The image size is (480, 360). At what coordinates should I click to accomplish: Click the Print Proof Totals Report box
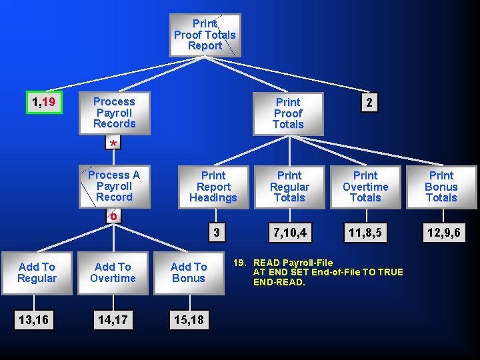(x=205, y=35)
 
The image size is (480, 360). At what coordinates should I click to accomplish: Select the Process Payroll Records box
(x=114, y=113)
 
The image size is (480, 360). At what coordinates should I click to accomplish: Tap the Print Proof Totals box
(x=288, y=113)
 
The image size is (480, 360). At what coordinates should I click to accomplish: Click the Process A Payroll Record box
(x=114, y=186)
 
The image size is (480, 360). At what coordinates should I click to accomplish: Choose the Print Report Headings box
(x=213, y=187)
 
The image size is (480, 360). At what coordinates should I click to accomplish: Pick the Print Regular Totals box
(x=289, y=187)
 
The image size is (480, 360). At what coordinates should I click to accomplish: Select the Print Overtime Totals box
(x=365, y=187)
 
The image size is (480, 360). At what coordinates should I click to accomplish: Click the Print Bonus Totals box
(x=441, y=187)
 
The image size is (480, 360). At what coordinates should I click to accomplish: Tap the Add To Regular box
(x=37, y=272)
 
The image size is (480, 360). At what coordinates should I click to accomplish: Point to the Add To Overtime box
(x=113, y=272)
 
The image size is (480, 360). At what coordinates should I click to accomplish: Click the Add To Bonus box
(x=189, y=272)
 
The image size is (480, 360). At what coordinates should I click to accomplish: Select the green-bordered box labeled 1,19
(x=44, y=103)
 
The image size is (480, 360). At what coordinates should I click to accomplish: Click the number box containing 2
(x=369, y=102)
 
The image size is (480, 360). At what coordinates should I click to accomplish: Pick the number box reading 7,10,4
(x=289, y=233)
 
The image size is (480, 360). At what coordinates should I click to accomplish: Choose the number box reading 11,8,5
(x=365, y=233)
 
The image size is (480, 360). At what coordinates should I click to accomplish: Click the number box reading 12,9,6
(x=441, y=233)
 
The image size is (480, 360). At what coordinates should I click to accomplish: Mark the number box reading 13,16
(x=37, y=320)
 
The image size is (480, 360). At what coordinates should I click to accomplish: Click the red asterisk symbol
(x=114, y=145)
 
